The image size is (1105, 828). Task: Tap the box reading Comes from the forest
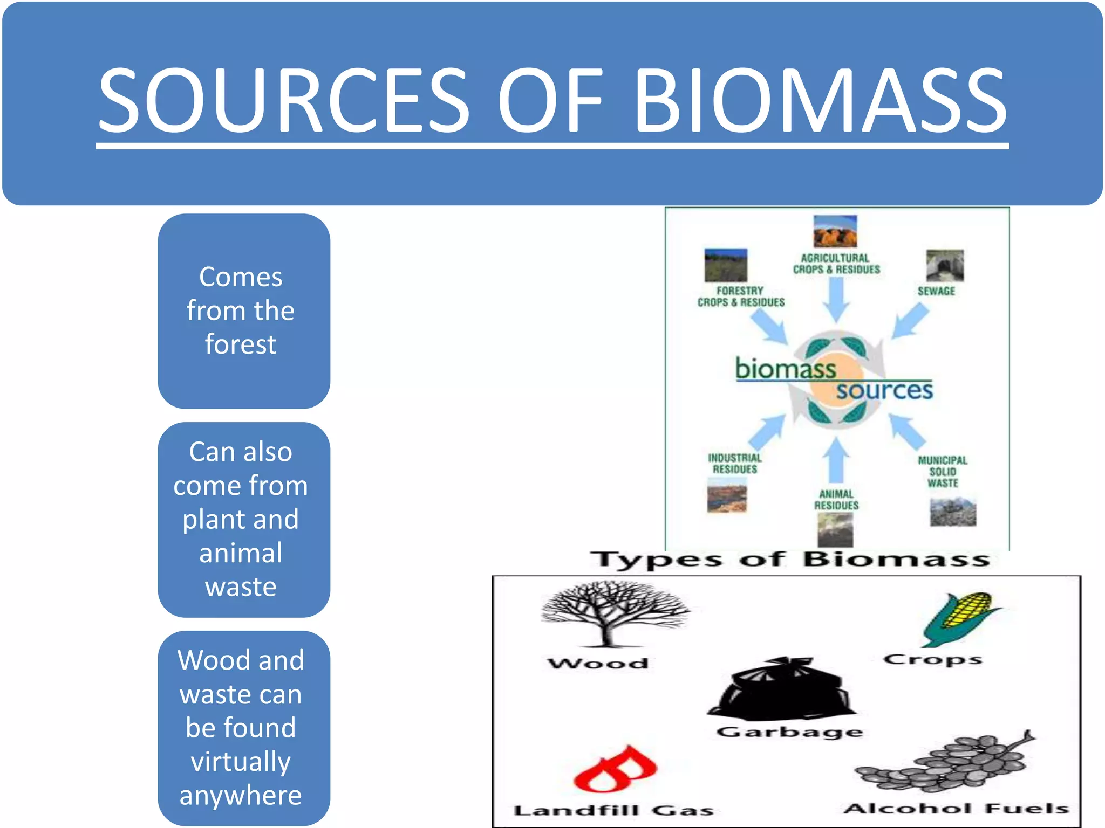click(x=243, y=311)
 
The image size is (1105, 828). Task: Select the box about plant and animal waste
click(x=243, y=519)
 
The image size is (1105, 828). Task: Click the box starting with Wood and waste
click(x=243, y=728)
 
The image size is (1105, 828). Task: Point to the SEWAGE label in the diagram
click(x=936, y=291)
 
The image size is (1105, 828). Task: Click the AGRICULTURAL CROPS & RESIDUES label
click(x=836, y=264)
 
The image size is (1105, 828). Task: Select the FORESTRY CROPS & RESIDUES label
click(x=741, y=296)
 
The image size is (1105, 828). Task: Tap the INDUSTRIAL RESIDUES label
click(x=735, y=464)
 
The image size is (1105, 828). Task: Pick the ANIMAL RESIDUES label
click(x=836, y=500)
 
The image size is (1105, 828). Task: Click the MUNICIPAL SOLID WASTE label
click(x=943, y=472)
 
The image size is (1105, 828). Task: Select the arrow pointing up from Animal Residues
click(x=836, y=459)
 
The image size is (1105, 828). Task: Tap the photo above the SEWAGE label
click(x=945, y=266)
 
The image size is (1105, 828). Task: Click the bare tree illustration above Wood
click(x=613, y=613)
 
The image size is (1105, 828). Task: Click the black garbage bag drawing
click(x=782, y=690)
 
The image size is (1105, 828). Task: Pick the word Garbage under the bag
click(x=789, y=732)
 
